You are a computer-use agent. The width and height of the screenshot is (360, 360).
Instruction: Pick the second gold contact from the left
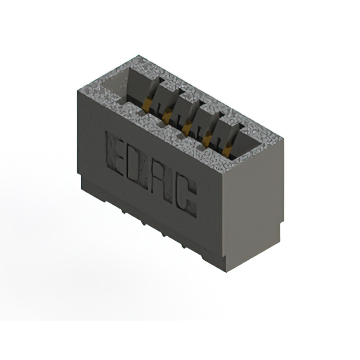[x=168, y=115]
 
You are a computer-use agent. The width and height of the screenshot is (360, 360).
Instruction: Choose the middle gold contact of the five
[x=187, y=127]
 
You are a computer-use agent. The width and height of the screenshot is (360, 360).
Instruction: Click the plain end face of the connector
[x=253, y=208]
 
